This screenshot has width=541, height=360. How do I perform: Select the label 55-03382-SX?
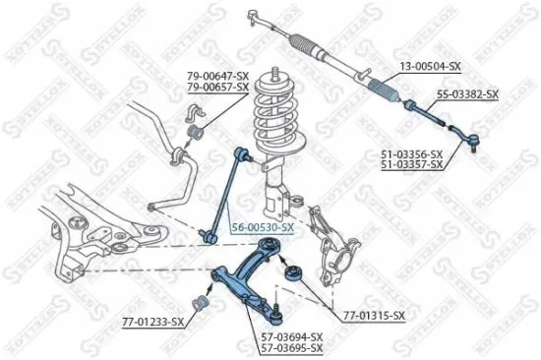[x=468, y=94]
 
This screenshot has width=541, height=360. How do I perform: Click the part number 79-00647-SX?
[x=216, y=76]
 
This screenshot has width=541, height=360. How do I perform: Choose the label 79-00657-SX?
[x=216, y=87]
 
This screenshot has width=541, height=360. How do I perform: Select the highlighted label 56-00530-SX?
[x=262, y=227]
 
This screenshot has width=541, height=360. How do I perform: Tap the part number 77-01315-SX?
[x=374, y=315]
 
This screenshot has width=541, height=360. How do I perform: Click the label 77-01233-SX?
[x=152, y=322]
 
